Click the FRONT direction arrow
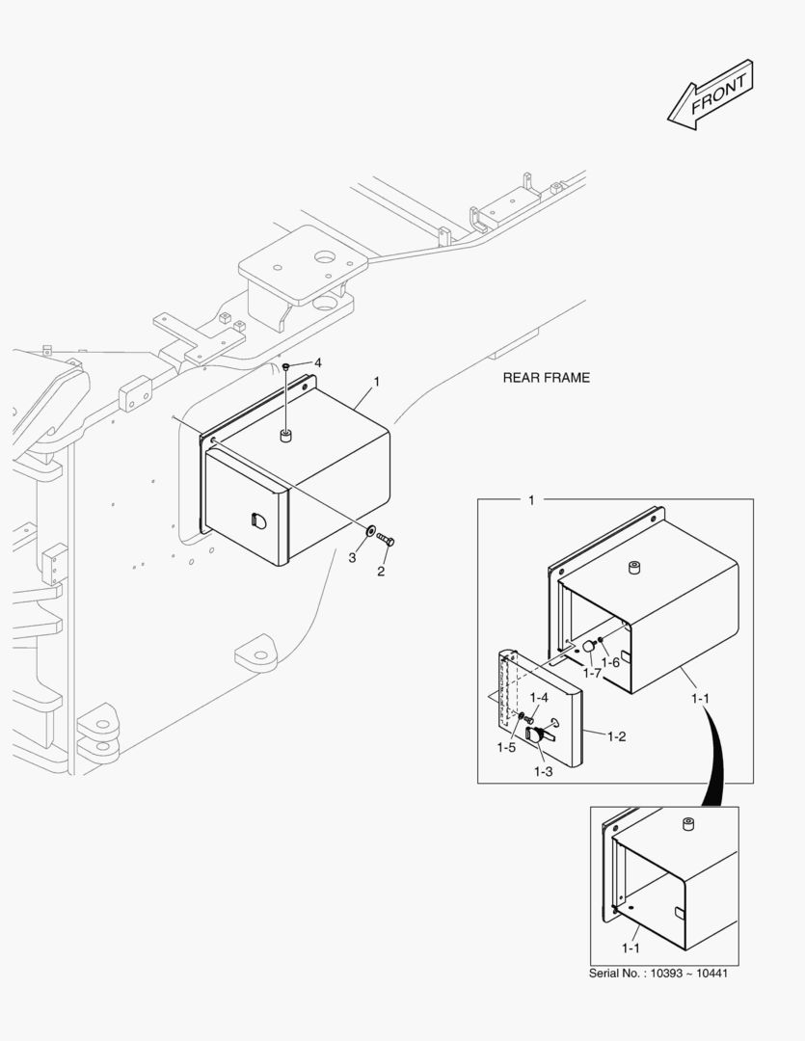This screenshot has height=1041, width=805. (711, 95)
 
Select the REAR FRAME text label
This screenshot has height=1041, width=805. (546, 378)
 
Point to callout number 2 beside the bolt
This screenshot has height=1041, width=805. (381, 572)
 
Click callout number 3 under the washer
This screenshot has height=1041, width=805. (352, 558)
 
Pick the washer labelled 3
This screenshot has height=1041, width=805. (370, 531)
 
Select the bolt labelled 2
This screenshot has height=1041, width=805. (386, 541)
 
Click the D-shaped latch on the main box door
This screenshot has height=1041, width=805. (256, 520)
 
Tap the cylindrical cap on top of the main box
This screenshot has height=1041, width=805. (285, 438)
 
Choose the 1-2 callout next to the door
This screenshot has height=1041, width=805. (617, 736)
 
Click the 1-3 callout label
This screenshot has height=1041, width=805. (544, 771)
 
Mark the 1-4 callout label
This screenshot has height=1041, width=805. (539, 697)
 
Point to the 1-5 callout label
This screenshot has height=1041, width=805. (507, 747)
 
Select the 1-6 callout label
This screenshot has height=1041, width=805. (610, 662)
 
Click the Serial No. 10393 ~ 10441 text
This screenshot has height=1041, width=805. (657, 974)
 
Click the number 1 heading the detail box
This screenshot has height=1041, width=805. (531, 500)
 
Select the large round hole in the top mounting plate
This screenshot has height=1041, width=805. (323, 257)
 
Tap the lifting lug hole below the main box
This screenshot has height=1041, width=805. (259, 655)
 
